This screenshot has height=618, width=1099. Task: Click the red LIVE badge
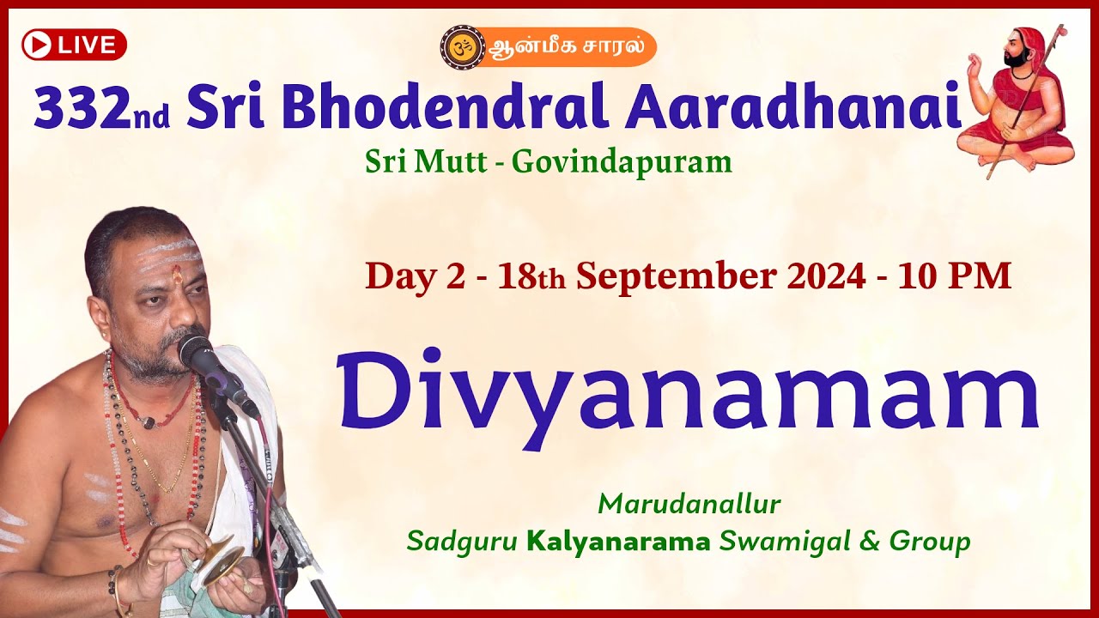[75, 45]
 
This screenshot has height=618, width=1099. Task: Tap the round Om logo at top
[462, 46]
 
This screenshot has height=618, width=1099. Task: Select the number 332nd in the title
[101, 108]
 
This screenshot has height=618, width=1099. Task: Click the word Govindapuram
[622, 161]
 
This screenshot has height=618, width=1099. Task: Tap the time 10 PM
[955, 276]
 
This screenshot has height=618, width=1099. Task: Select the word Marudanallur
[689, 504]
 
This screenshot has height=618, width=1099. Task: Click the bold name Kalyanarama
[618, 542]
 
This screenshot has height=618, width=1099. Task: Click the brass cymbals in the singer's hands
[210, 558]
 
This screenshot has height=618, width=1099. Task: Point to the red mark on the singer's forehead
[176, 276]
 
